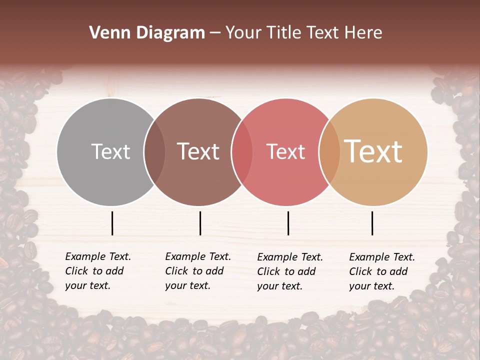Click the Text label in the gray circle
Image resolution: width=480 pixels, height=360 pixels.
click(x=110, y=151)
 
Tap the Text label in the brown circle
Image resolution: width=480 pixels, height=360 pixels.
click(x=198, y=151)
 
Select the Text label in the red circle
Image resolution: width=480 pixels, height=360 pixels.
click(x=285, y=151)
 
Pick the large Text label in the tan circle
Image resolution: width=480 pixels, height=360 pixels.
click(x=373, y=151)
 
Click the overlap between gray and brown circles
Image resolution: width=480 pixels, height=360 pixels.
click(x=154, y=151)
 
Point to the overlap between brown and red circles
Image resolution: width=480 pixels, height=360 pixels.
click(x=242, y=151)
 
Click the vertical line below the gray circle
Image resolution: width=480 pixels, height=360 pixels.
click(x=112, y=223)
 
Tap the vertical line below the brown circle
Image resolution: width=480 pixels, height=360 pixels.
click(x=200, y=223)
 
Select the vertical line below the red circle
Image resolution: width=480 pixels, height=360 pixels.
click(x=288, y=223)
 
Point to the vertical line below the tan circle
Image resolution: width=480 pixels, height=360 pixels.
click(x=372, y=223)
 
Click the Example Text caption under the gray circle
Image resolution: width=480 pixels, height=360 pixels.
click(x=97, y=271)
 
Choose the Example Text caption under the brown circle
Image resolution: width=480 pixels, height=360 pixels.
click(x=197, y=271)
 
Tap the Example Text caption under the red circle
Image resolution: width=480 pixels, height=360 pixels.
click(x=289, y=271)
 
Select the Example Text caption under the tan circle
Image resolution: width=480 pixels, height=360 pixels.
click(x=381, y=271)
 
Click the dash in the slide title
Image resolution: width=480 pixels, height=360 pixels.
click(x=215, y=33)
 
